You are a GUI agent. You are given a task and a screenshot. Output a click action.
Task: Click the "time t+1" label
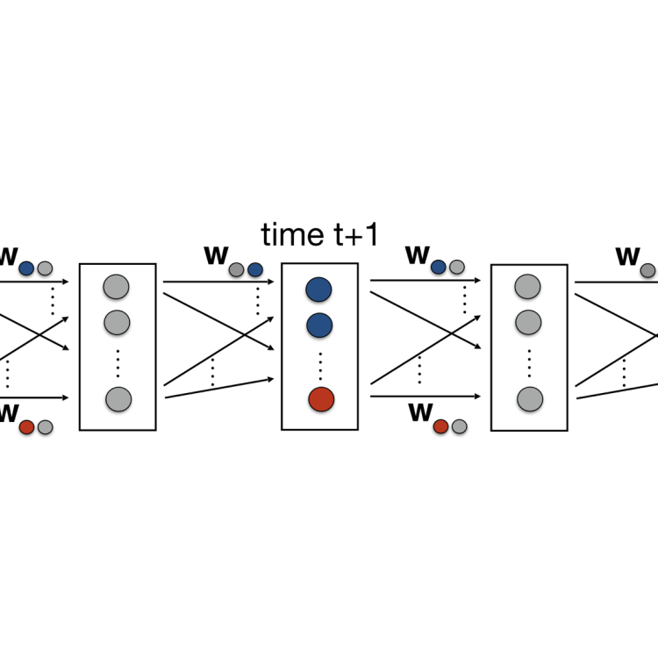[319, 234]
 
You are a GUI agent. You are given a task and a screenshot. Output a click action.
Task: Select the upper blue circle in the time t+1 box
[318, 290]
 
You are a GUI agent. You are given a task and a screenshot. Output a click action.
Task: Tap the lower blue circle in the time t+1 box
[318, 325]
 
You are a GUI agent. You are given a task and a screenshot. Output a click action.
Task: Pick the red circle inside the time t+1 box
[320, 399]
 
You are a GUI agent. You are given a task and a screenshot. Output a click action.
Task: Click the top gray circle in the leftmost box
[117, 286]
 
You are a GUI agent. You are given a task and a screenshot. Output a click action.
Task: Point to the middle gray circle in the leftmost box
[117, 321]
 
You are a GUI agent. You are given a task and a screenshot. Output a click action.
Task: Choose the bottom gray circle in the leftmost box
[118, 399]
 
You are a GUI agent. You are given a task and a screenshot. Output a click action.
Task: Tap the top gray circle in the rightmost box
[527, 286]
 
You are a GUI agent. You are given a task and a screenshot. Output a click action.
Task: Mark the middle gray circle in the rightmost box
[527, 321]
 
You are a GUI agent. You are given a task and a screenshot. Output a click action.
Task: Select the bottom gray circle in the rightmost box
[527, 399]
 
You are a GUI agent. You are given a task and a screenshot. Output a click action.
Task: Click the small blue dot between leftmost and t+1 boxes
[255, 269]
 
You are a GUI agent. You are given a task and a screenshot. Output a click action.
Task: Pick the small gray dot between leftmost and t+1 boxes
[237, 269]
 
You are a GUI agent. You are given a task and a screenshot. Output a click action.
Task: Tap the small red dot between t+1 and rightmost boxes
[440, 426]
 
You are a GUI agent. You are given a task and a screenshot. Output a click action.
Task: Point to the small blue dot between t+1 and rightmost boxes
[439, 267]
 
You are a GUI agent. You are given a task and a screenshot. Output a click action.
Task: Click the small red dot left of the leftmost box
[26, 427]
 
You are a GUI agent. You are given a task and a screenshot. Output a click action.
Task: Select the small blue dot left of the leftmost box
[26, 268]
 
